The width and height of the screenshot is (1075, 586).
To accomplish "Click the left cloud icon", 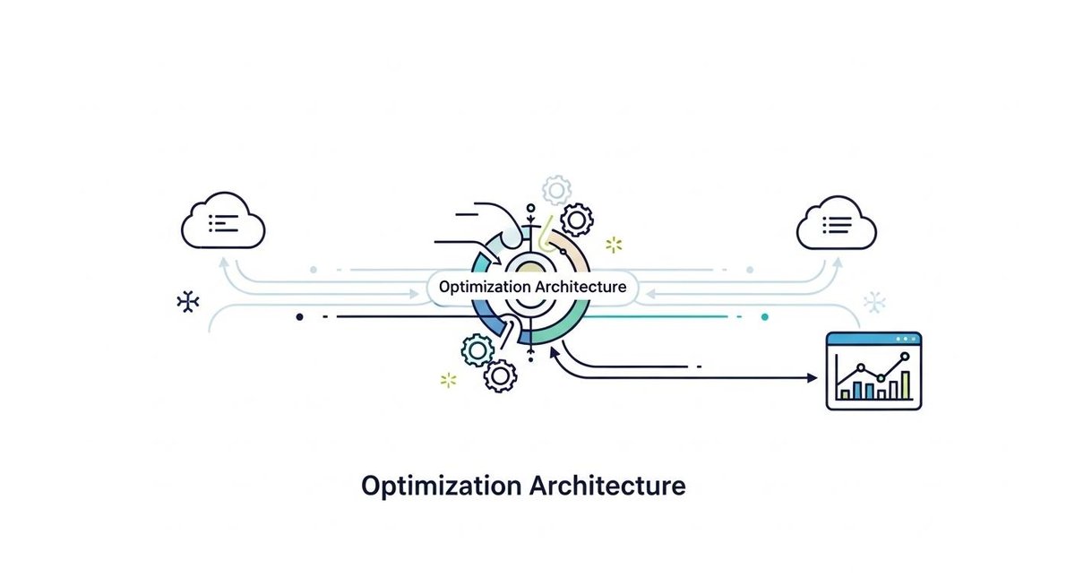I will (x=223, y=221).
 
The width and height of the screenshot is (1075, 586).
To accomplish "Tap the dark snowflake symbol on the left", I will (x=187, y=302).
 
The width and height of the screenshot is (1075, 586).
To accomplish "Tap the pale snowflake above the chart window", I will (x=874, y=302).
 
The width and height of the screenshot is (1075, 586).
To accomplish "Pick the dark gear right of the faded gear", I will (x=577, y=218).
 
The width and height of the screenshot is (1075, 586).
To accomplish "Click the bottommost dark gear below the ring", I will (x=500, y=375).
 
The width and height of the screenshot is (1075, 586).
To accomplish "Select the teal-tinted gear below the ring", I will (x=477, y=349).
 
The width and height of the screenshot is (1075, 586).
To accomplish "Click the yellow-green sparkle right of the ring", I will (x=614, y=245).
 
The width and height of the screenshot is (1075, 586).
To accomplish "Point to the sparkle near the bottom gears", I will (x=449, y=380).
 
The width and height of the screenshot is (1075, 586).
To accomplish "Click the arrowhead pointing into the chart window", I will (x=813, y=379).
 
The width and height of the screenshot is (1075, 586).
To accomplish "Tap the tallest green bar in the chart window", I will (x=906, y=385).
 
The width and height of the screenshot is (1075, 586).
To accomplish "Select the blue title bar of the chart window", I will (x=873, y=339).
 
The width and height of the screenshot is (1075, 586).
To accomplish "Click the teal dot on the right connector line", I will (x=764, y=316).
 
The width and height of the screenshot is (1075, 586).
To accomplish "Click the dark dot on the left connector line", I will (x=299, y=316).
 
